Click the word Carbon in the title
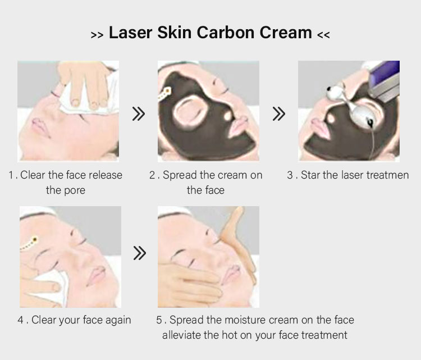(x=226, y=33)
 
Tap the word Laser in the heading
(x=130, y=33)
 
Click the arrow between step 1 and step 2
(x=139, y=113)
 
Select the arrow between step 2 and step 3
(x=278, y=113)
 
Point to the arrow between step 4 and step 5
(x=140, y=253)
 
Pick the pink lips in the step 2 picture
(x=239, y=126)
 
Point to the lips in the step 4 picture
(x=95, y=275)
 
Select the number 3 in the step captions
(x=290, y=175)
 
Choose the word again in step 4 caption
(x=118, y=321)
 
